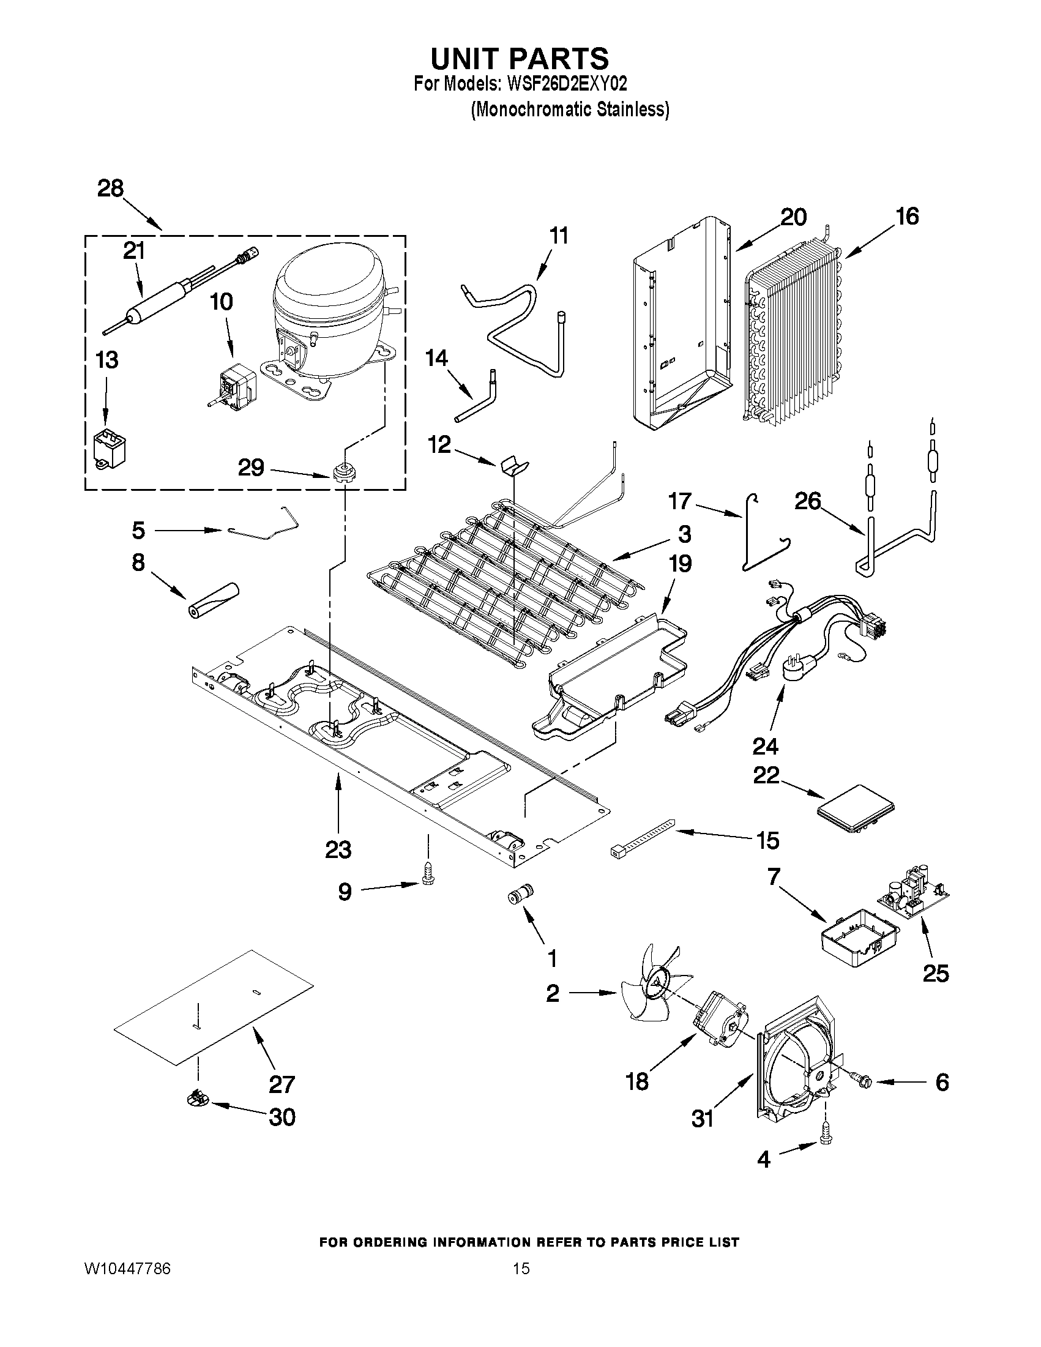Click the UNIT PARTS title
519,59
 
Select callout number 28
110,188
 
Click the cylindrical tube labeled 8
213,600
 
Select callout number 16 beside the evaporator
907,217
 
